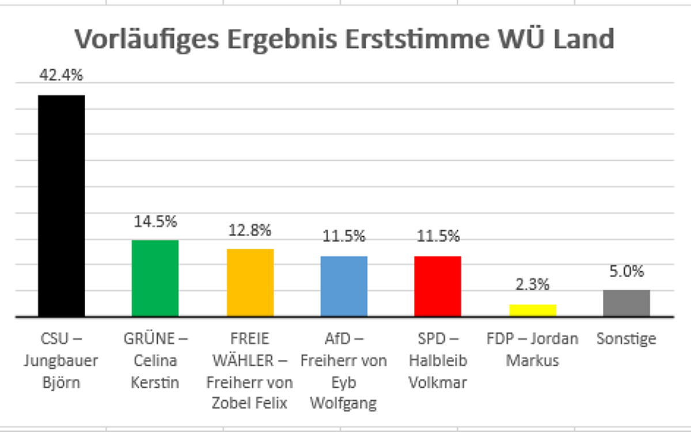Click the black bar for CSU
pyautogui.click(x=62, y=206)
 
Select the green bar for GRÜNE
pyautogui.click(x=155, y=278)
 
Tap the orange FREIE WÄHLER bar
pyautogui.click(x=250, y=282)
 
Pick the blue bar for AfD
pyautogui.click(x=344, y=286)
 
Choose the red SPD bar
pyautogui.click(x=438, y=286)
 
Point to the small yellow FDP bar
pyautogui.click(x=533, y=310)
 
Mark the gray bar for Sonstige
pyautogui.click(x=627, y=303)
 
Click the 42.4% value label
pyautogui.click(x=61, y=75)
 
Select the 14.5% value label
pyautogui.click(x=155, y=221)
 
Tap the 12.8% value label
pyautogui.click(x=249, y=230)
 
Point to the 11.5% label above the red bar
pyautogui.click(x=438, y=236)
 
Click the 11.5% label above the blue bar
pyautogui.click(x=344, y=236)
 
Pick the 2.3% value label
pyautogui.click(x=533, y=284)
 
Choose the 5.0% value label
pyautogui.click(x=627, y=271)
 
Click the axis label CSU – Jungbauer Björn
pyautogui.click(x=61, y=361)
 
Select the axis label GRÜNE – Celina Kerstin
pyautogui.click(x=155, y=361)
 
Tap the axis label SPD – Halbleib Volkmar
pyautogui.click(x=438, y=361)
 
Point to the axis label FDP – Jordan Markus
pyautogui.click(x=533, y=350)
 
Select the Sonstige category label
pyautogui.click(x=627, y=339)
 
